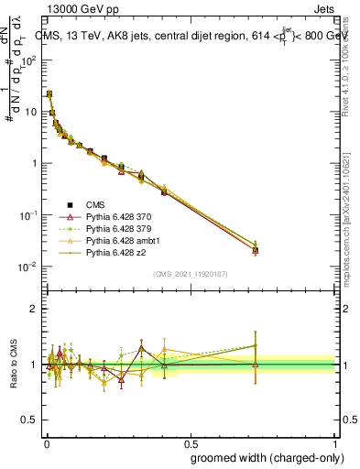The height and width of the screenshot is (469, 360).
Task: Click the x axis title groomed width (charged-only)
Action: tap(264, 456)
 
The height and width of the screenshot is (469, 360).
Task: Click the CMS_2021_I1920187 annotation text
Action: tap(191, 274)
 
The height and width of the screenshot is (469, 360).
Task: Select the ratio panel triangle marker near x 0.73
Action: tap(256, 364)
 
